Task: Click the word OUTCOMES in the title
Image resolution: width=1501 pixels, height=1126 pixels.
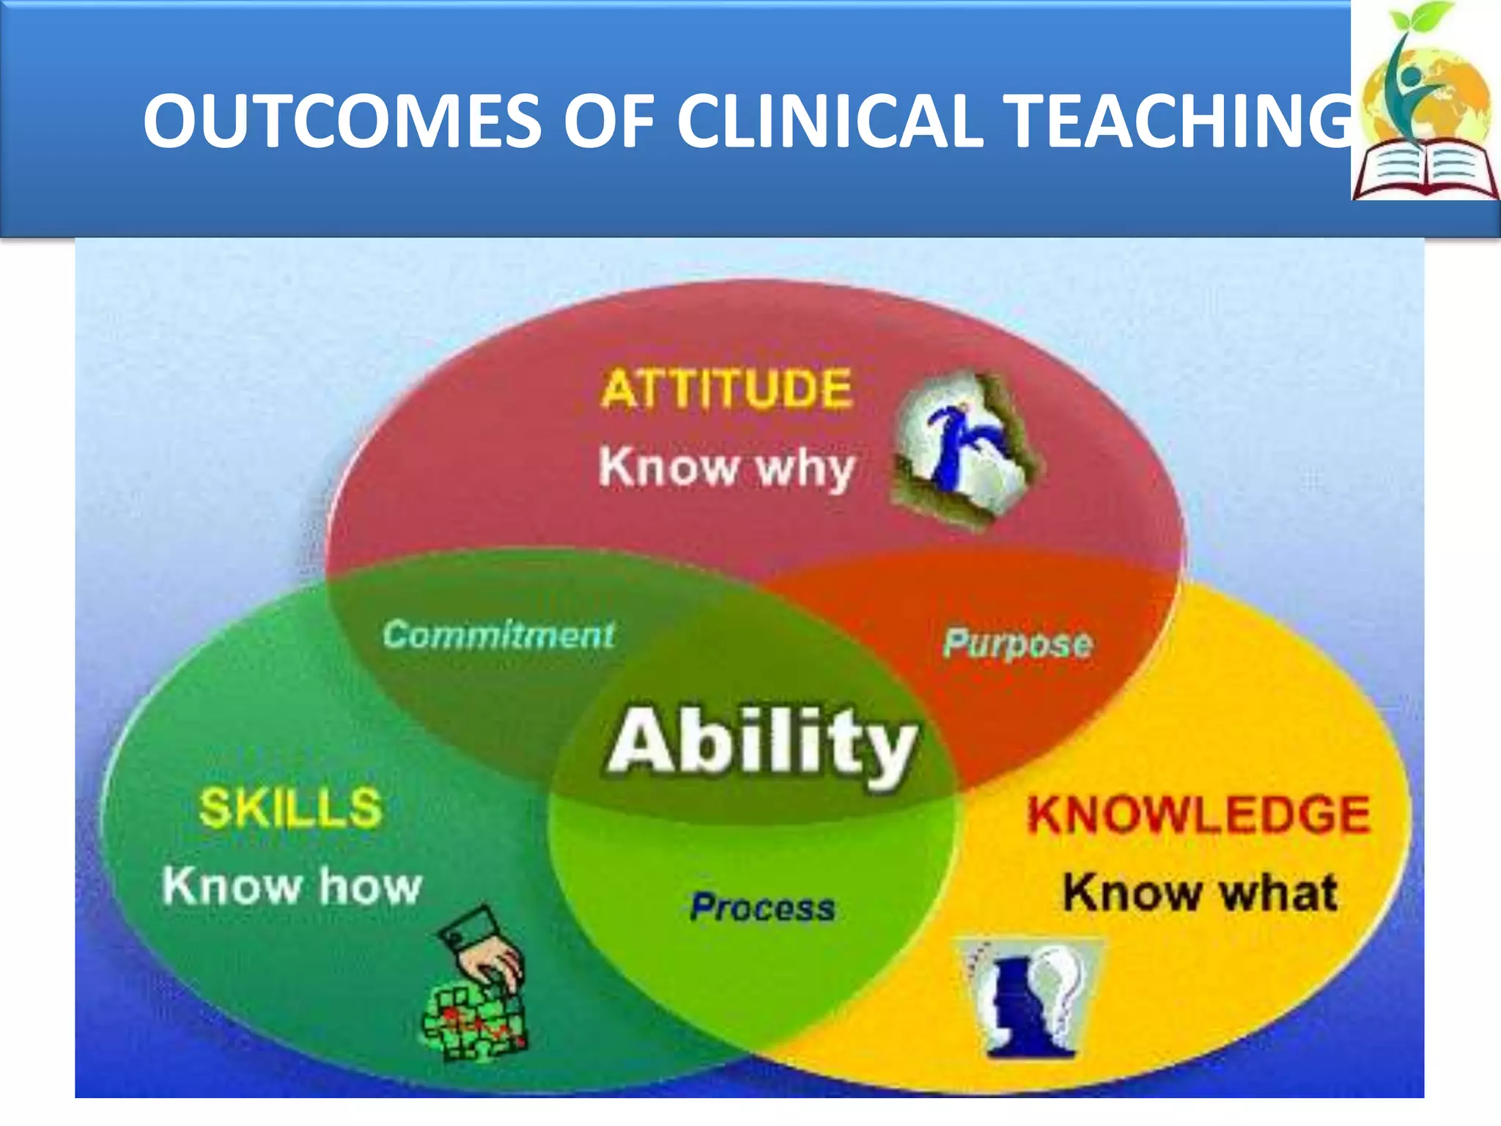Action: click(x=342, y=121)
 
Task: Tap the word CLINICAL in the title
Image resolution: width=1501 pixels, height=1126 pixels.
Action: click(x=828, y=121)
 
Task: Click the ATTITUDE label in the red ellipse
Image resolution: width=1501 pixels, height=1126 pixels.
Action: click(x=726, y=389)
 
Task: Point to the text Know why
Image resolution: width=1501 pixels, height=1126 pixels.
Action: click(x=726, y=468)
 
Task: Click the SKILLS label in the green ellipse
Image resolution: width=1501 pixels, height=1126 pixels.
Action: click(x=290, y=808)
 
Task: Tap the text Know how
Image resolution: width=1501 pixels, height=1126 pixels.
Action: click(x=292, y=886)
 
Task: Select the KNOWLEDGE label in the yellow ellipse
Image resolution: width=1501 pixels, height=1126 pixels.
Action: click(x=1198, y=814)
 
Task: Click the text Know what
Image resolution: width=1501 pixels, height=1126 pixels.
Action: click(x=1201, y=893)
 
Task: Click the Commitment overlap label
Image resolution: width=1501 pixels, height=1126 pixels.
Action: click(x=498, y=635)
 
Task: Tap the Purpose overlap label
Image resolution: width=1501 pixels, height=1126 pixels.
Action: click(x=1017, y=644)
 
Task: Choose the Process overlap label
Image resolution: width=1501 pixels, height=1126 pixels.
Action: click(x=762, y=908)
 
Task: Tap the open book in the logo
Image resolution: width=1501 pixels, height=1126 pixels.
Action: click(x=1425, y=173)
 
